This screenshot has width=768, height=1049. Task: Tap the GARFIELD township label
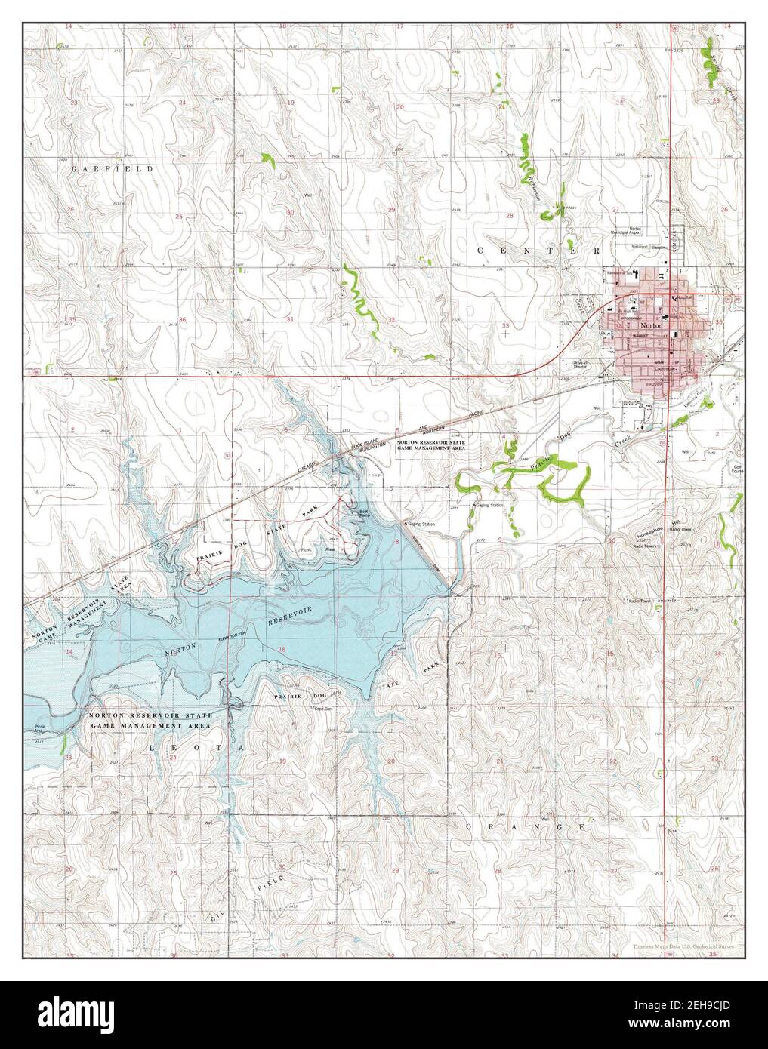click(112, 169)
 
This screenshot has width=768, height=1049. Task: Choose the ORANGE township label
click(525, 828)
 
